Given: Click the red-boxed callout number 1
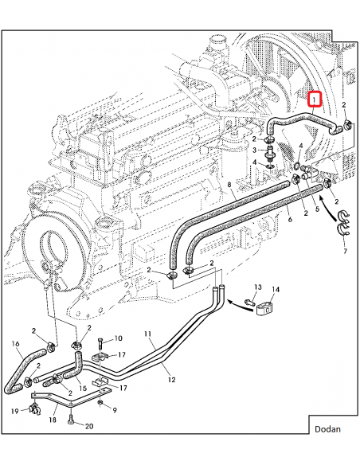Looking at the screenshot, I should (315, 100).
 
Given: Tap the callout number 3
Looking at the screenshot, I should (255, 150).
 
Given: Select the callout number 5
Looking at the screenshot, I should (316, 210).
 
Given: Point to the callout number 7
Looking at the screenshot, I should (344, 251).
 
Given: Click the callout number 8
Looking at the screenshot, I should (229, 186).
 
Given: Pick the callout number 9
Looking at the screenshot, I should (114, 410).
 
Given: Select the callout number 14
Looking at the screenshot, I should (276, 290).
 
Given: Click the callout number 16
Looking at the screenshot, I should (15, 344).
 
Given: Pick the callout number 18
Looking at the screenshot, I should (53, 419).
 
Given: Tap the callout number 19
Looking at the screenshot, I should (15, 411).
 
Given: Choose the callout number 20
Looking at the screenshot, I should (88, 427).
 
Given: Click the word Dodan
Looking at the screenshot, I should (327, 429).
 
